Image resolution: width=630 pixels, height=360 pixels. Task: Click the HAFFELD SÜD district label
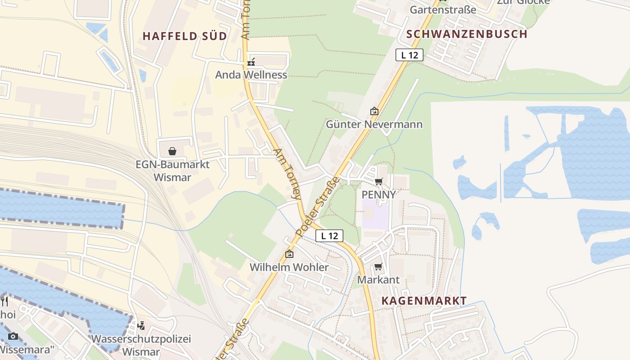click(x=184, y=36)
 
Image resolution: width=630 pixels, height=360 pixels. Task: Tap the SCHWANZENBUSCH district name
click(x=467, y=34)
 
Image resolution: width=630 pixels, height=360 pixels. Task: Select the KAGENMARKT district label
click(x=424, y=301)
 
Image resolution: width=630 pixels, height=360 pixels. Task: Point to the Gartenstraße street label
click(x=443, y=9)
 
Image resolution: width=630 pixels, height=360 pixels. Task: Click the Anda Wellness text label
click(x=251, y=75)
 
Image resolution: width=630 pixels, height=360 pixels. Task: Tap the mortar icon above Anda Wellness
click(x=251, y=62)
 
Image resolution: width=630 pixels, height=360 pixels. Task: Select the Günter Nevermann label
click(x=374, y=124)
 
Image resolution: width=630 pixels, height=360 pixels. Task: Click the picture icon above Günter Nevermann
click(x=374, y=111)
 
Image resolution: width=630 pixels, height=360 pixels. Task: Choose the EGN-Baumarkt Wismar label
click(x=172, y=171)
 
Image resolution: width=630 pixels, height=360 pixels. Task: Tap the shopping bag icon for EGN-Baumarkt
click(x=172, y=151)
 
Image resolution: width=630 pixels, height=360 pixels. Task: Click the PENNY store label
click(x=379, y=194)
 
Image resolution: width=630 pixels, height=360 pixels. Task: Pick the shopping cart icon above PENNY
click(x=378, y=181)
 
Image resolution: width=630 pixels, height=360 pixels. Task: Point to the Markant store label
click(x=378, y=279)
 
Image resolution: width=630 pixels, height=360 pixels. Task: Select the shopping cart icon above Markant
click(x=378, y=267)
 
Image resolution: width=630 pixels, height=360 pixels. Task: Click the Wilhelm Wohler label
click(x=289, y=267)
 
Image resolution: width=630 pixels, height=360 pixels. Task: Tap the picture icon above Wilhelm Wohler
click(x=289, y=254)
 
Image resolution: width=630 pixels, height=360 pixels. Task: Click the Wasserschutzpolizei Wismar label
click(x=141, y=345)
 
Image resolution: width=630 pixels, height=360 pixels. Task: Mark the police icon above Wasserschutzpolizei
click(x=141, y=325)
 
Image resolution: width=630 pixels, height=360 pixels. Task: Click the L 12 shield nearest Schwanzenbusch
click(x=409, y=55)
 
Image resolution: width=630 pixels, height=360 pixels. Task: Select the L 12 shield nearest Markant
click(x=329, y=235)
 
